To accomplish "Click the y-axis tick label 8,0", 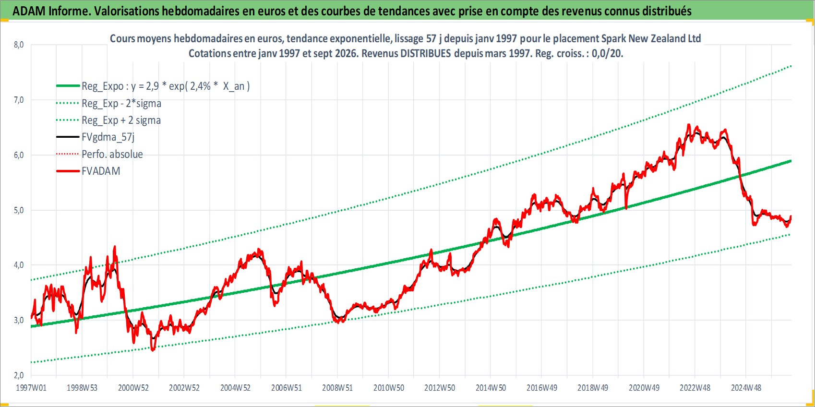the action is [x=19, y=45].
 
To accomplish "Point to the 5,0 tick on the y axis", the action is [x=19, y=210].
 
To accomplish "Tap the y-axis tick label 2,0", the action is [x=19, y=375].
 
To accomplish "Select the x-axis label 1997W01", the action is [x=31, y=388].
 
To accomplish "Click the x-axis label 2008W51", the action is [x=337, y=388].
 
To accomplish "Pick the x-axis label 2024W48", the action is [x=746, y=388].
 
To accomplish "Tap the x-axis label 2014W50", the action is [x=491, y=388].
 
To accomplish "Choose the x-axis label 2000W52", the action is [x=133, y=388].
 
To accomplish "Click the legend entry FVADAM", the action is [x=101, y=171].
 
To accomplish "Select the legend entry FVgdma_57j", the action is [x=108, y=137].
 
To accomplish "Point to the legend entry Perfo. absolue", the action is [x=112, y=154].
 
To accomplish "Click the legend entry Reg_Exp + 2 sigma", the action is [x=121, y=120].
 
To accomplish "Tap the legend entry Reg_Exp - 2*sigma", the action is [x=121, y=104].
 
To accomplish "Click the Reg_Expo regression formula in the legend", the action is [x=166, y=86].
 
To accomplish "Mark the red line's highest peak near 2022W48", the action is [x=688, y=124].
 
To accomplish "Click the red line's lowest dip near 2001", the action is [x=153, y=350].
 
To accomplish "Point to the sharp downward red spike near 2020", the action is [x=626, y=208].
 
